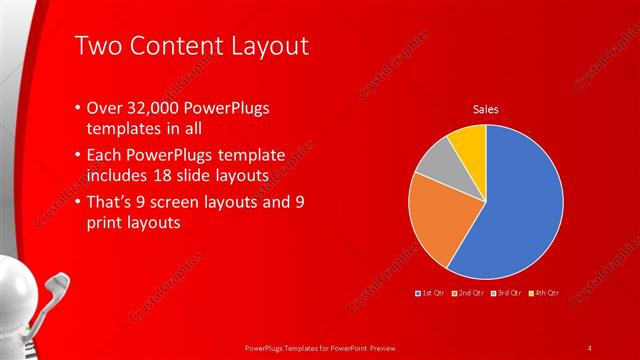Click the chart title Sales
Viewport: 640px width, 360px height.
486,109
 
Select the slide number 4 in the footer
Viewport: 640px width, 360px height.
590,347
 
